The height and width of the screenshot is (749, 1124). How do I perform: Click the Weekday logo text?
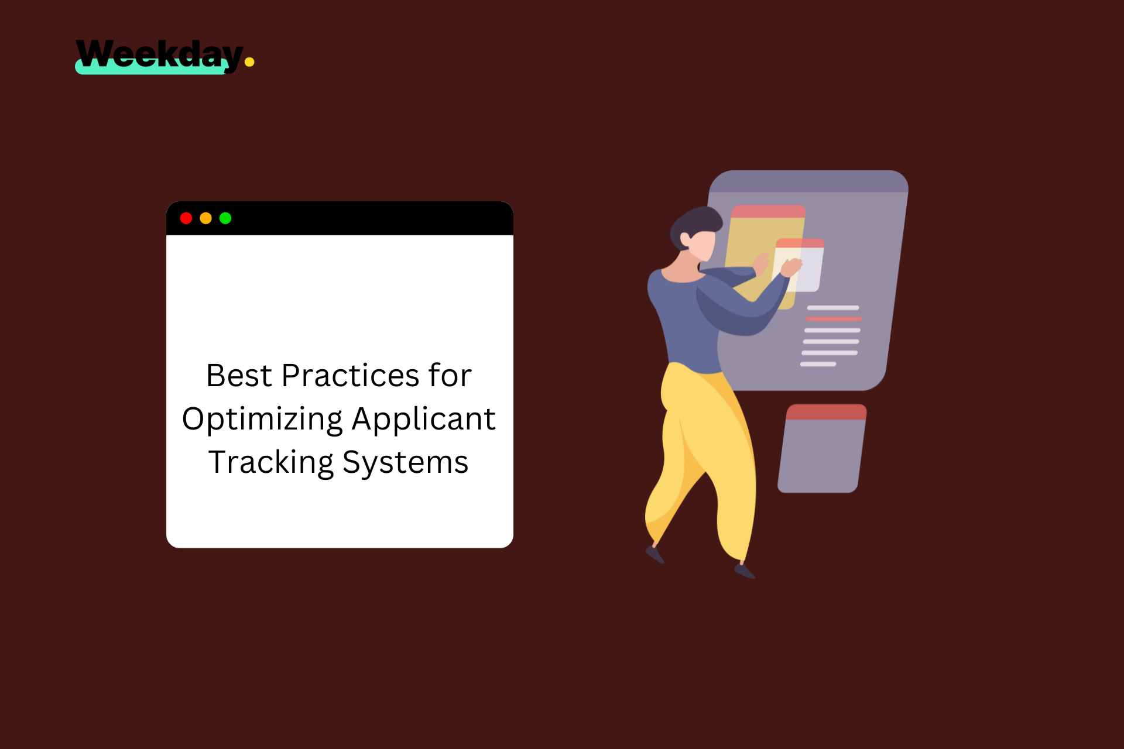[159, 54]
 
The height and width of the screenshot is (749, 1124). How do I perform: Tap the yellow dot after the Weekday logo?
[249, 62]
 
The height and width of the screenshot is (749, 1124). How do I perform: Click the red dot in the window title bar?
[186, 218]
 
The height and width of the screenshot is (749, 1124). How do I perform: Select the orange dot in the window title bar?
[205, 218]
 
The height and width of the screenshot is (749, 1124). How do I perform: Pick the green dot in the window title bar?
[225, 218]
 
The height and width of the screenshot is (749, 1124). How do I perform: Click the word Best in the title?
[239, 376]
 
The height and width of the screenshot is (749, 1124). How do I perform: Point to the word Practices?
[350, 376]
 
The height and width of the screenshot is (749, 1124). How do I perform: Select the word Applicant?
[423, 420]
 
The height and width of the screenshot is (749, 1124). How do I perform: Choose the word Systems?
[405, 463]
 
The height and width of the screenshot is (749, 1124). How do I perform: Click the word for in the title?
[450, 376]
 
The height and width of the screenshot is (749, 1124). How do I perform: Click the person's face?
[702, 245]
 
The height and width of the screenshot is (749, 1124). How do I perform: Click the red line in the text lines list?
[834, 319]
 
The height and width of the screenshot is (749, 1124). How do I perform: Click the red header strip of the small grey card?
[826, 412]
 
